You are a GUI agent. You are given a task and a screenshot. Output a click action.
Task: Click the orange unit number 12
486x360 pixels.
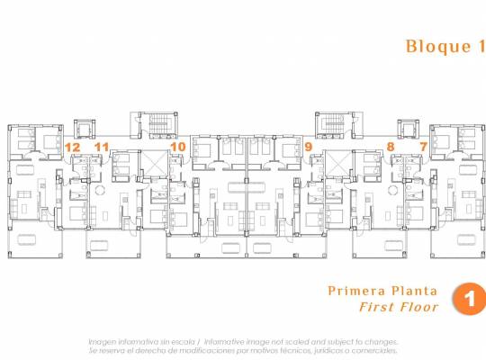point(73,146)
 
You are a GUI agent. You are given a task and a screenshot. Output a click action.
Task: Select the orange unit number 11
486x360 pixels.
point(102,146)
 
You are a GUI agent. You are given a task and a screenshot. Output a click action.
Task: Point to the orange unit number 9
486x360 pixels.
point(309,146)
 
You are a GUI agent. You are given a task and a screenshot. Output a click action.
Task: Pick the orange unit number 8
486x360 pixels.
point(391,146)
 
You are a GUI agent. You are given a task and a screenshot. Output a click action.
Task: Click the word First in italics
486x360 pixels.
point(378,307)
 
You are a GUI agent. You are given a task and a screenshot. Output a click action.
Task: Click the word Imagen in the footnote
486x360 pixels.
point(102,341)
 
